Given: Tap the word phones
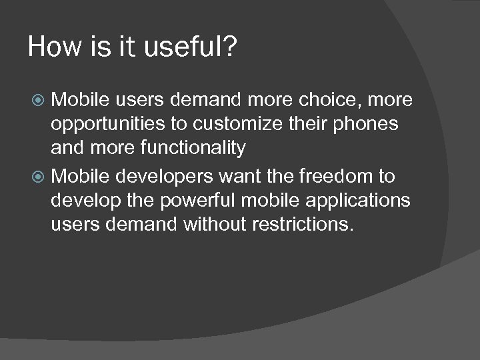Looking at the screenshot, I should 366,124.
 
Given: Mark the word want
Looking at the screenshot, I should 237,177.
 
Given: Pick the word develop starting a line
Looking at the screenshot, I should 83,201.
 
